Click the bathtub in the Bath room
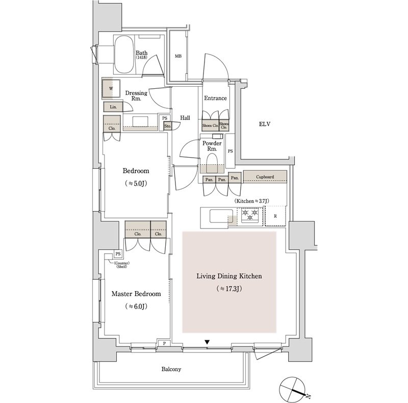(124, 55)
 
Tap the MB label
(178, 56)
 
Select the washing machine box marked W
(111, 89)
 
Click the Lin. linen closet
(113, 107)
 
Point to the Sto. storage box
(168, 127)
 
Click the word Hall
(185, 118)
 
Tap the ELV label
(265, 124)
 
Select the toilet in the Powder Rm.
(212, 163)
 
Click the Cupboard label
(265, 177)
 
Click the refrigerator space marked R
(275, 216)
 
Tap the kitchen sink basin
(221, 216)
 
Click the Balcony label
(171, 369)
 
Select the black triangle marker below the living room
(207, 342)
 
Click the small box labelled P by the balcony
(164, 343)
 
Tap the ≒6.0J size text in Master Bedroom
(136, 306)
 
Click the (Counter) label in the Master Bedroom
(121, 263)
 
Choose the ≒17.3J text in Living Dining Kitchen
(229, 288)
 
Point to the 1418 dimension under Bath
(141, 57)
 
